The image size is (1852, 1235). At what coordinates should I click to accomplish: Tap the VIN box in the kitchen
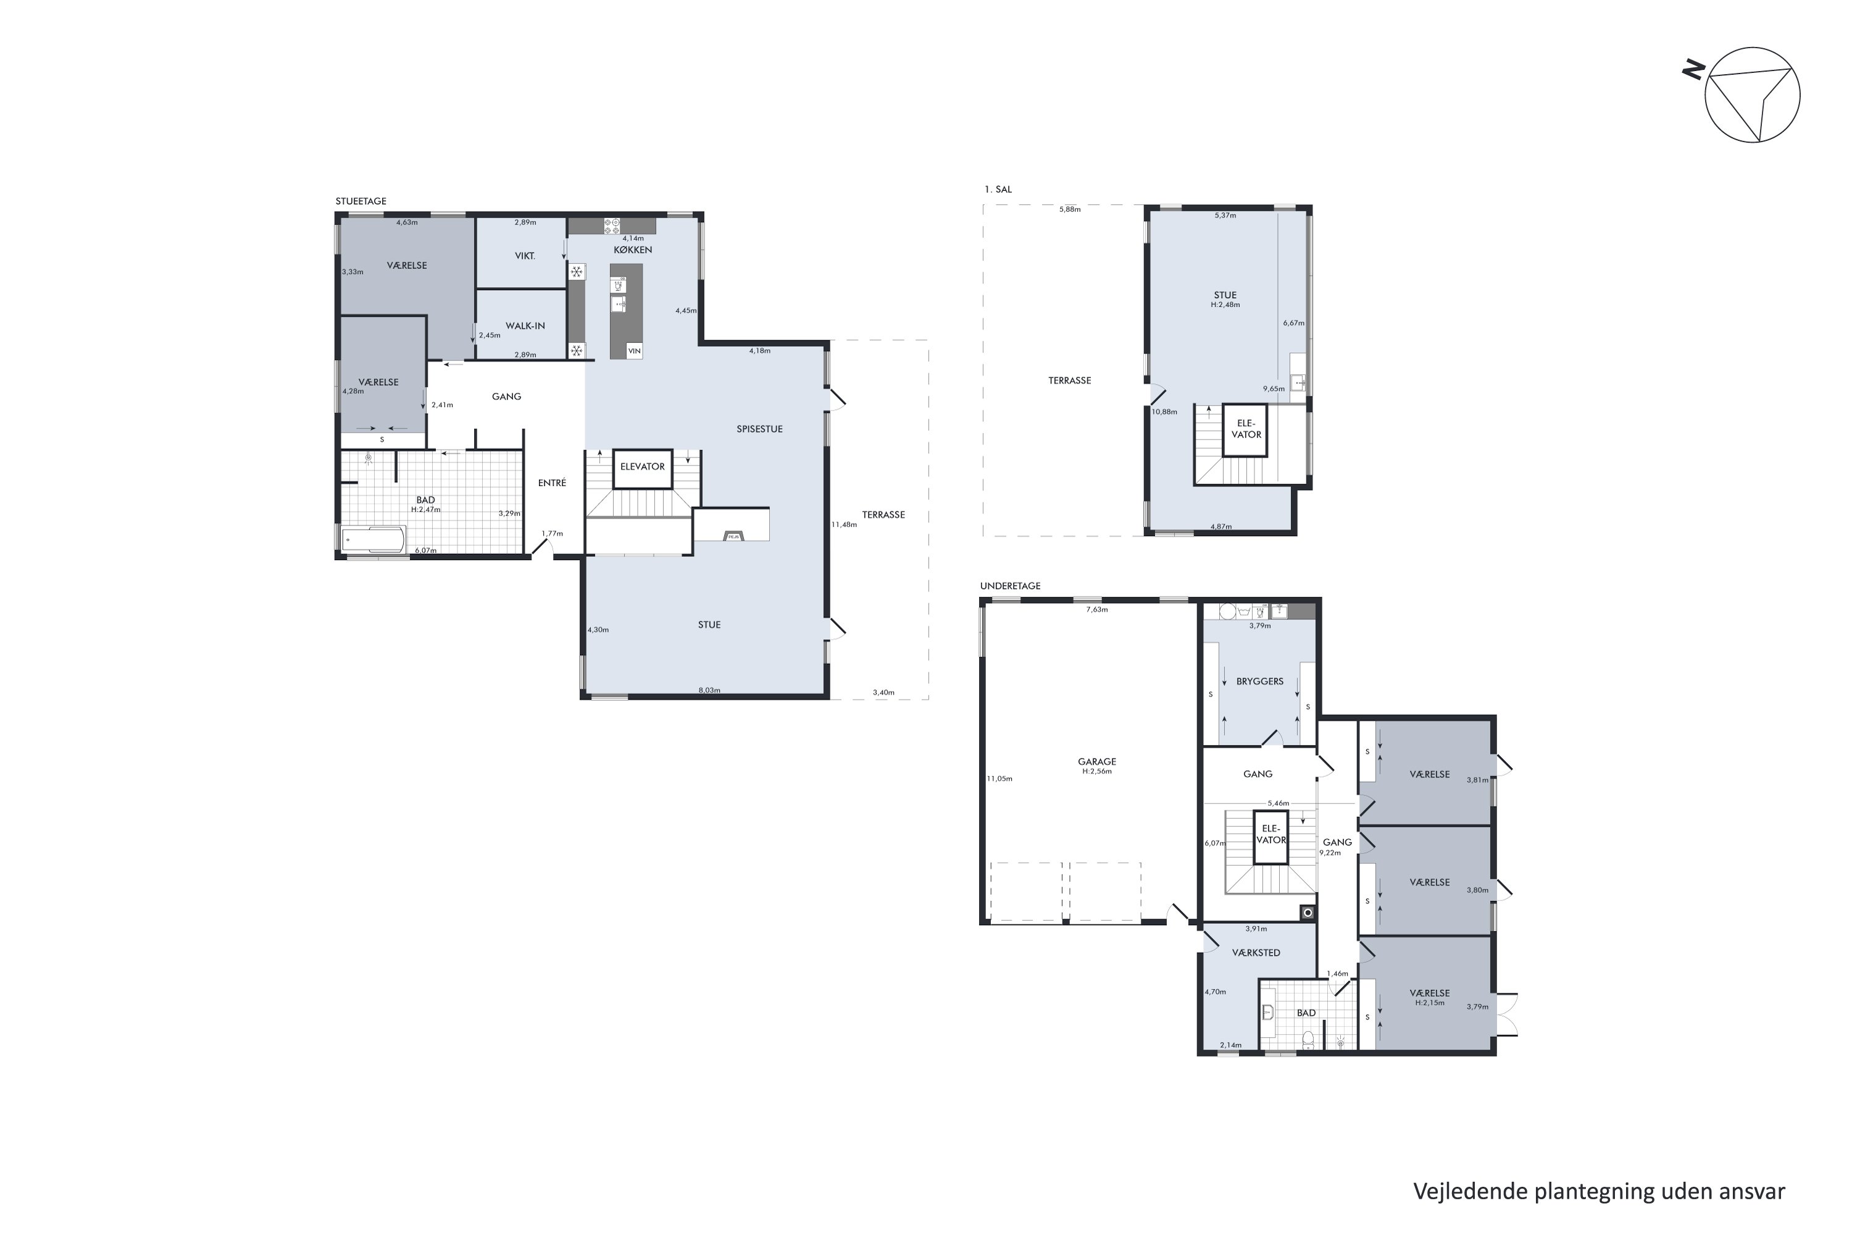point(635,351)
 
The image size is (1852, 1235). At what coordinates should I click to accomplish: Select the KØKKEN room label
point(633,249)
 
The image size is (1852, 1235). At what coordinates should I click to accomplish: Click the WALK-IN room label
point(525,325)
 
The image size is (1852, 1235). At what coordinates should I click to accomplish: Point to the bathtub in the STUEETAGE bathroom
point(373,540)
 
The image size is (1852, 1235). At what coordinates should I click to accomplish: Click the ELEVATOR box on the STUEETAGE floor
point(643,469)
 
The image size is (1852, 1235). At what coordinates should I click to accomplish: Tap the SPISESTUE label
point(760,429)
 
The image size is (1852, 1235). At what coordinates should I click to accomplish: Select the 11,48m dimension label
point(844,524)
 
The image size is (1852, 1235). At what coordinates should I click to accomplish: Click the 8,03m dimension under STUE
point(709,690)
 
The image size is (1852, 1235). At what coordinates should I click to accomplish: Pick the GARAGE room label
point(1097,761)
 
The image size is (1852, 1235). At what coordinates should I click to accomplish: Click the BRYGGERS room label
point(1260,681)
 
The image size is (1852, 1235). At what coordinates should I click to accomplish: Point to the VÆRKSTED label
point(1256,952)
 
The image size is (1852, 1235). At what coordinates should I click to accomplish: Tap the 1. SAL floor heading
point(998,189)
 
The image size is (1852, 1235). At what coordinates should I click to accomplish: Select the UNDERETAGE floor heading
point(1010,586)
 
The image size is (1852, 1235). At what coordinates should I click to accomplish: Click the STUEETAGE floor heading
point(361,201)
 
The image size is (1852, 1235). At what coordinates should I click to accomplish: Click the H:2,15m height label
point(1430,1003)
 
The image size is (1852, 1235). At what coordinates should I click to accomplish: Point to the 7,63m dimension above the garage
point(1097,609)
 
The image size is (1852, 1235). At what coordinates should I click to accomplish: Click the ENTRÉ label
point(552,483)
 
